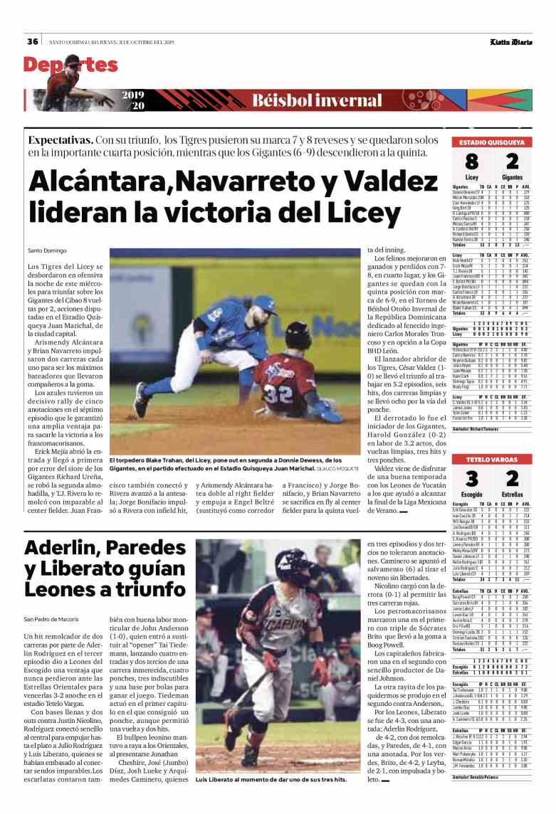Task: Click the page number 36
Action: tap(33, 41)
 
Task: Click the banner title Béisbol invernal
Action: tap(317, 100)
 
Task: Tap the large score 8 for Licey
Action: tap(471, 162)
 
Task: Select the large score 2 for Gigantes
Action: tap(511, 162)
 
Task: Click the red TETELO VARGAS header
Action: tap(491, 458)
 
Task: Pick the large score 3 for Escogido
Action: tap(471, 478)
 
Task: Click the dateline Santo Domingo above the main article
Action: tap(47, 250)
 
